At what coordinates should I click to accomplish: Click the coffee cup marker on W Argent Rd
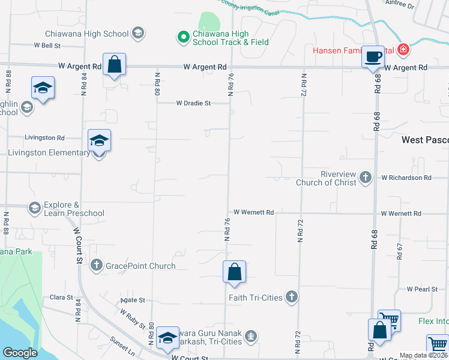coord(373,57)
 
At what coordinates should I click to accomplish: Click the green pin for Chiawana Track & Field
coord(182,37)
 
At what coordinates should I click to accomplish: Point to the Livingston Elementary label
coord(49,152)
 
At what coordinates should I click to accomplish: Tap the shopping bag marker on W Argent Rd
coord(114,64)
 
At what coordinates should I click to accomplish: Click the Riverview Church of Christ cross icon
coord(366,177)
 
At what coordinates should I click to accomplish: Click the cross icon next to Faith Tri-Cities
coord(291,297)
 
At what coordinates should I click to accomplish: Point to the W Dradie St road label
coord(193,103)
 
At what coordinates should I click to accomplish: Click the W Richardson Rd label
coord(406,178)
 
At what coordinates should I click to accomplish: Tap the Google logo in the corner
coord(20,353)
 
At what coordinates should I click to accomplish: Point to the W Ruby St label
coord(133,319)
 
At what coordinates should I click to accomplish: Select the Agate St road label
coord(133,299)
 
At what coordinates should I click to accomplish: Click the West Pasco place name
coord(424,140)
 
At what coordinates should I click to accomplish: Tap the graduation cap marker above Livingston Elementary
coord(99,141)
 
